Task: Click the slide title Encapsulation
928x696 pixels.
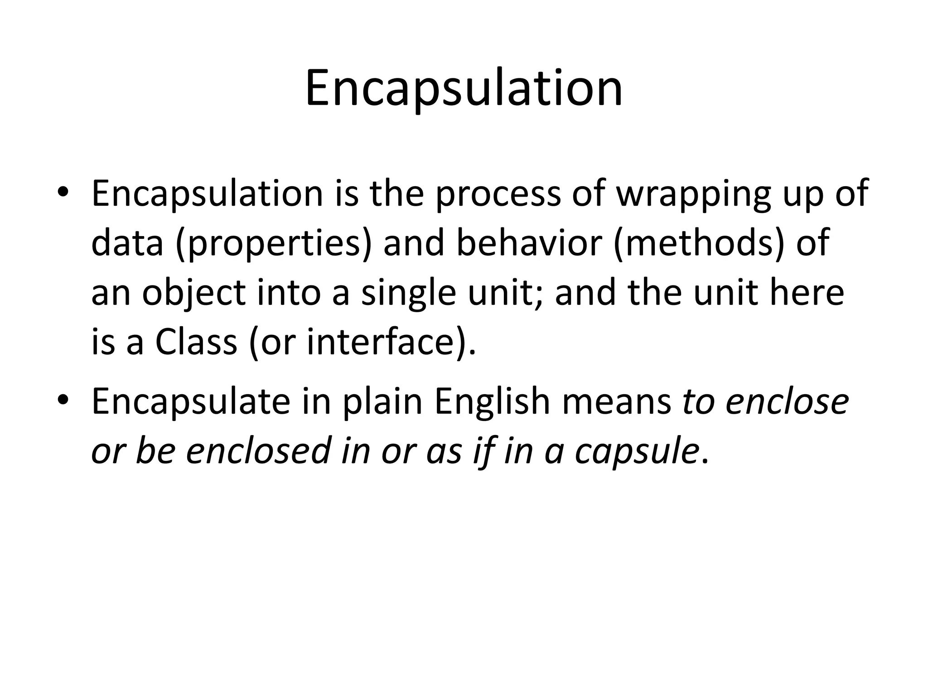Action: pyautogui.click(x=464, y=89)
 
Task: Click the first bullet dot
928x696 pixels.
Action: pyautogui.click(x=63, y=192)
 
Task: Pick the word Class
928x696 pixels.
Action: pyautogui.click(x=196, y=342)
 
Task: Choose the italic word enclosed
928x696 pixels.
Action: pyautogui.click(x=257, y=451)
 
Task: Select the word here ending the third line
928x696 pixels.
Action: pyautogui.click(x=807, y=293)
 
